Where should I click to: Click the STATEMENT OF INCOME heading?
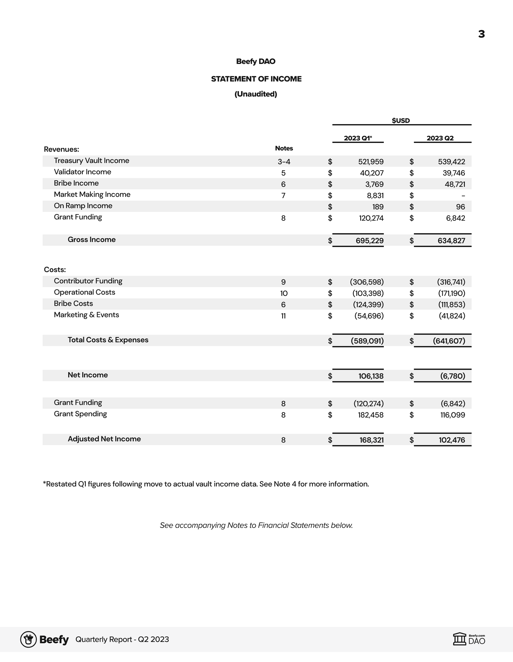(x=256, y=79)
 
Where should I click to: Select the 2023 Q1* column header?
(x=358, y=138)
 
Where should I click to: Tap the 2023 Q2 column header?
(x=440, y=138)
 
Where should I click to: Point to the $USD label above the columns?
(x=401, y=121)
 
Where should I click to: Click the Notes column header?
(x=284, y=148)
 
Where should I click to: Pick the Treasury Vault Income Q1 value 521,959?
(x=371, y=161)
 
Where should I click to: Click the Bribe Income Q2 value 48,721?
(x=455, y=184)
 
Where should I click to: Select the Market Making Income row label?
(x=92, y=194)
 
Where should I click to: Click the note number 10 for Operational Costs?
(x=284, y=293)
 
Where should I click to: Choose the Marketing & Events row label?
(x=86, y=315)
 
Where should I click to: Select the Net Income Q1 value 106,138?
(x=371, y=376)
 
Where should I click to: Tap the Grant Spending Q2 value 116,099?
(x=452, y=415)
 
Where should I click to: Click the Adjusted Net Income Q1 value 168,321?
(x=372, y=440)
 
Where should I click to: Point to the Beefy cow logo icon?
(x=29, y=639)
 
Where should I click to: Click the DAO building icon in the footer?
(x=460, y=639)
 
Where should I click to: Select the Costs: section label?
(x=55, y=270)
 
